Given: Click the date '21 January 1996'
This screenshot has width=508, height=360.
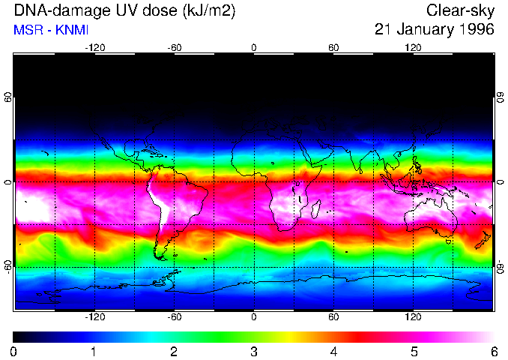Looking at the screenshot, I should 435,30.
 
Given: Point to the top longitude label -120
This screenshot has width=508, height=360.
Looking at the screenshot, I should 94,47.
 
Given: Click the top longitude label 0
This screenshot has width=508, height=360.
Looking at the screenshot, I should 254,47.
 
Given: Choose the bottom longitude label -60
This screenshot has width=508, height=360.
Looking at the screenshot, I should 174,317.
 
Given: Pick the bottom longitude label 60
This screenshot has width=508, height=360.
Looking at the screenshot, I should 333,317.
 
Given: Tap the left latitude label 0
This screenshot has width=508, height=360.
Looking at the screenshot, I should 8,182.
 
